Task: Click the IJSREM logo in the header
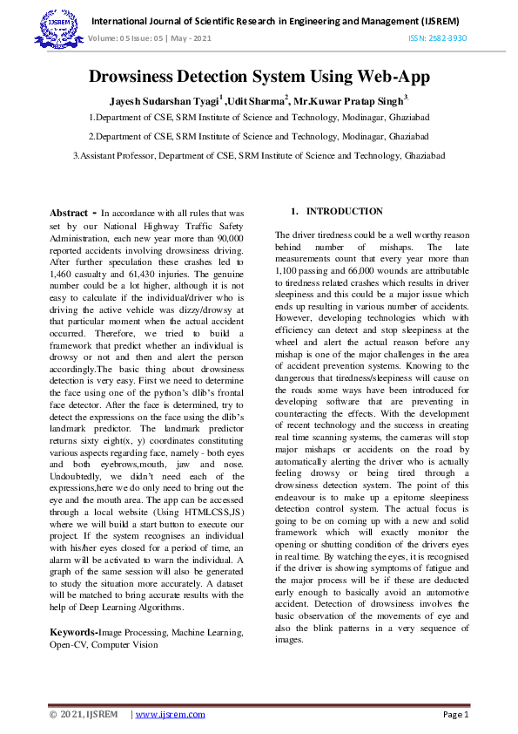pos(60,29)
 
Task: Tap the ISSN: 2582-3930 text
pos(438,38)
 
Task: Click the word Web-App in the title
pos(386,77)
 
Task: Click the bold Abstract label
pos(69,213)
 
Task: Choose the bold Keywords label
pos(72,632)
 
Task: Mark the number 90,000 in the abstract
pos(227,237)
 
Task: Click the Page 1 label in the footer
pos(455,715)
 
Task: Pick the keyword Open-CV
pos(71,645)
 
